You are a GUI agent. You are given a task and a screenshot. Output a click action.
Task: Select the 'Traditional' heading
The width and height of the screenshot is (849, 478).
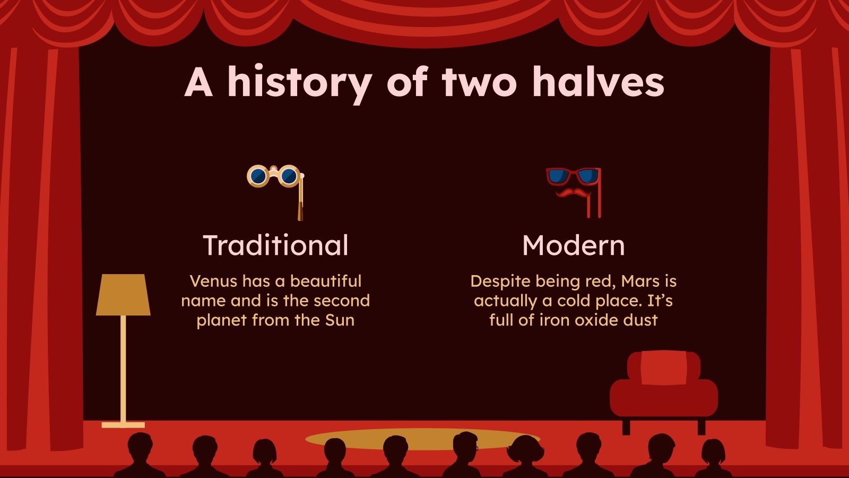coord(275,245)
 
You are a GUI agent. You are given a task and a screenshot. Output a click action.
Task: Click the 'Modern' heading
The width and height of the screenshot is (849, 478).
coord(573,245)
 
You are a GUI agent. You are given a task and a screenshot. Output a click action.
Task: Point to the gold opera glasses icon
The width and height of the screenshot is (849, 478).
coord(274,176)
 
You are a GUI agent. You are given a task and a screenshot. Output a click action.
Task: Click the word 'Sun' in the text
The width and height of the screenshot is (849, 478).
coord(340,320)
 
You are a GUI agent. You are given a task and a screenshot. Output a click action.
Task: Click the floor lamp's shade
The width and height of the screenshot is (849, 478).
coord(123,295)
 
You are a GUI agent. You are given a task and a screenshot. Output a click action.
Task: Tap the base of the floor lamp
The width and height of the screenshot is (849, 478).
coord(123,425)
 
